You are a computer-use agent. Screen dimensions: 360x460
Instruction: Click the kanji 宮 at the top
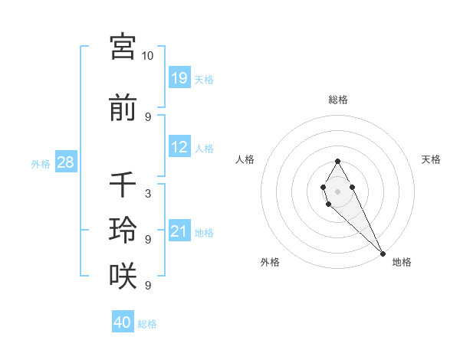[x=123, y=47]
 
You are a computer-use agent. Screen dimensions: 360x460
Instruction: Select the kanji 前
[x=123, y=109]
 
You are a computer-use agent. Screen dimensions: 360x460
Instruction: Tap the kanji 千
[x=123, y=186]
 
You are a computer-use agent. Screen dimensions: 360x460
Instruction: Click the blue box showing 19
[x=179, y=77]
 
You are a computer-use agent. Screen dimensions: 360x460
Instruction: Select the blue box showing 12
[x=179, y=147]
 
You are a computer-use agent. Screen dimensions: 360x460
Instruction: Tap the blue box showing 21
[x=179, y=231]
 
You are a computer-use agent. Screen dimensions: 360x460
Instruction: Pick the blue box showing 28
[x=66, y=162]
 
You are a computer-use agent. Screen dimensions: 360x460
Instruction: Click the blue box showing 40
[x=123, y=322]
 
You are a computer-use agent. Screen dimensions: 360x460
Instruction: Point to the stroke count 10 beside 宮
[x=148, y=56]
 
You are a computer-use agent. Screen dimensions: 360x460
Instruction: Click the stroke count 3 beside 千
[x=148, y=194]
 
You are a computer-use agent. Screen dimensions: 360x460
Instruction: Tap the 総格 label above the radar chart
[x=338, y=100]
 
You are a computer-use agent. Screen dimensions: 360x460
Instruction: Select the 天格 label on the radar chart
[x=431, y=159]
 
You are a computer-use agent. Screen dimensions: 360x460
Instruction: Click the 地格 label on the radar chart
[x=402, y=262]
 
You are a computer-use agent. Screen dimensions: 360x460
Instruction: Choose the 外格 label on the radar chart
[x=270, y=262]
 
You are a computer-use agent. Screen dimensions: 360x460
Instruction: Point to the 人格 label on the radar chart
[x=245, y=159]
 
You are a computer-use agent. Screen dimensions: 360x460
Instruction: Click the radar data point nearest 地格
[x=383, y=253]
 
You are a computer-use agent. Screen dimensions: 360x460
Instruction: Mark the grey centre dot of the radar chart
[x=337, y=190]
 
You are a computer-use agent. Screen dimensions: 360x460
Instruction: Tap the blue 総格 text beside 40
[x=147, y=323]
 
